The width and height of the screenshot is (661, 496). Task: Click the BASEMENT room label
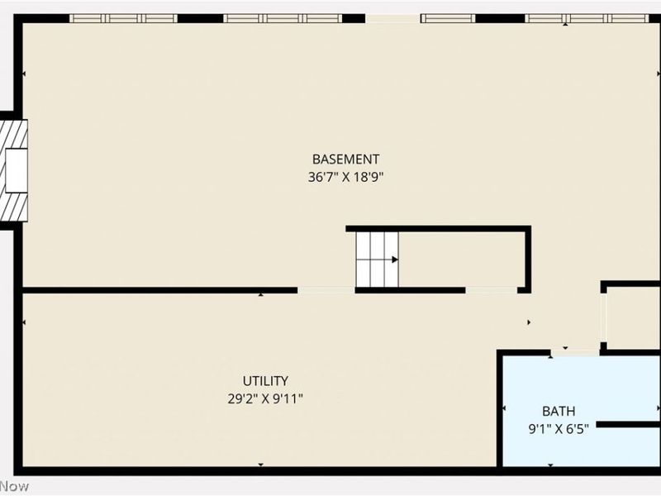(x=345, y=159)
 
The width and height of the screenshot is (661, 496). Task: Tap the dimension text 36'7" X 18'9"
(x=345, y=176)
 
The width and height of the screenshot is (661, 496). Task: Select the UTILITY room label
(x=265, y=381)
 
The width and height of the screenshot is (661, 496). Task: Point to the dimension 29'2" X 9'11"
(x=265, y=398)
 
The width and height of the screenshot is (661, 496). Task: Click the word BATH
(x=559, y=411)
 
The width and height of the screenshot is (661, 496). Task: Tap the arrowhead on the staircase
(x=395, y=260)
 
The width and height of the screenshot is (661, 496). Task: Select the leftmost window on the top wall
(x=123, y=18)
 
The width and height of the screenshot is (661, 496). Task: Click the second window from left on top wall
(x=283, y=18)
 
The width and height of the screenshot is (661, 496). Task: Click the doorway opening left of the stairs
(x=326, y=290)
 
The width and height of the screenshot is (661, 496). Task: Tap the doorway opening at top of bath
(x=575, y=353)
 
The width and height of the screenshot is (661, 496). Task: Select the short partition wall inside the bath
(x=628, y=424)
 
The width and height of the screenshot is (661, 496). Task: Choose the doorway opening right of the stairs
(x=492, y=290)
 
